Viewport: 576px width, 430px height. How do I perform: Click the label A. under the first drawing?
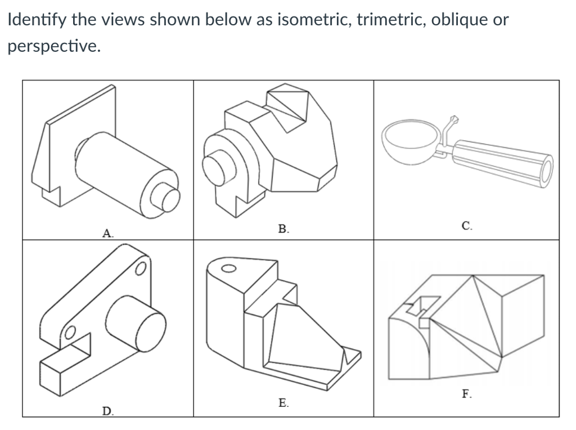pos(106,232)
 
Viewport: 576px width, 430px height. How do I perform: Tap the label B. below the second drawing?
pos(283,229)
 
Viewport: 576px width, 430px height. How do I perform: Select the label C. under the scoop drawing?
pos(467,226)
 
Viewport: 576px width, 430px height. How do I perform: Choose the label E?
pos(284,402)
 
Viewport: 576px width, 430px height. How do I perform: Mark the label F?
pos(467,394)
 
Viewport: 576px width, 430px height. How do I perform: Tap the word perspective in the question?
pos(53,46)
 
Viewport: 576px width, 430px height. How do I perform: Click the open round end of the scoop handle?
pos(545,172)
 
